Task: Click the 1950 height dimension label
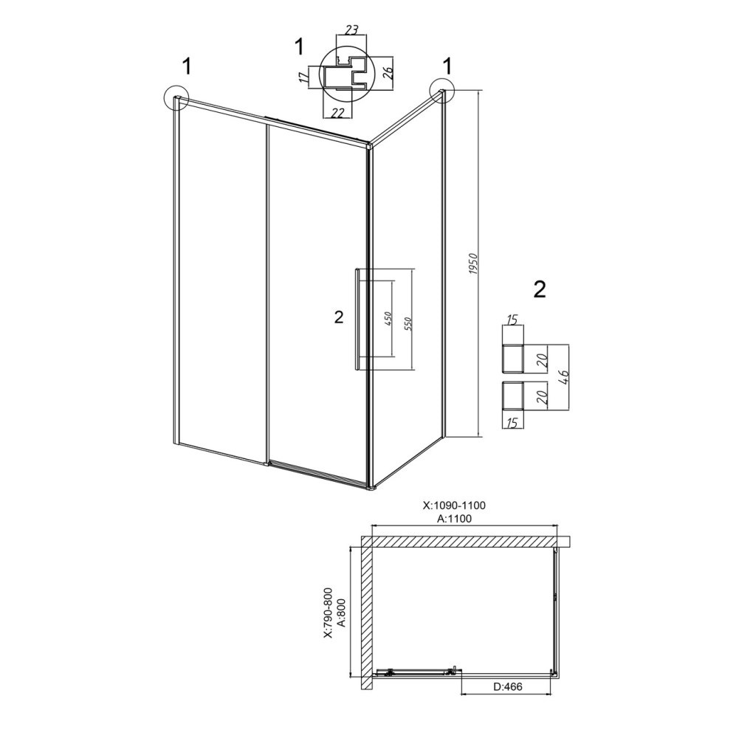coord(474,264)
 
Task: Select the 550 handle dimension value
coord(409,324)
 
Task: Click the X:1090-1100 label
coord(454,506)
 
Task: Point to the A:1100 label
coord(454,519)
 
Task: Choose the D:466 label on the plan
coord(508,686)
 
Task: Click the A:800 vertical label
coord(342,613)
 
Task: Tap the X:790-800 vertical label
coord(329,613)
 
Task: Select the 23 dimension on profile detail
coord(351,30)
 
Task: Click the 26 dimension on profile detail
coord(387,72)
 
